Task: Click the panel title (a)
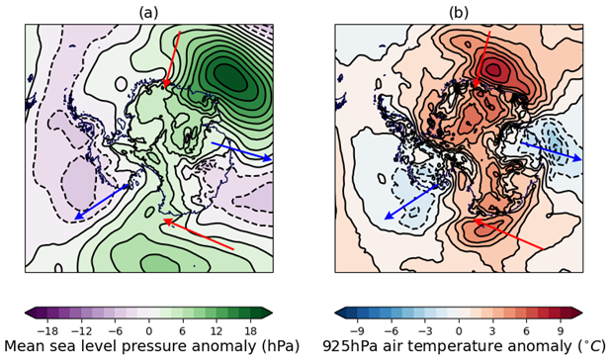click(x=148, y=12)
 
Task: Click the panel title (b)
click(x=458, y=12)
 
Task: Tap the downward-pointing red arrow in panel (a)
click(x=173, y=59)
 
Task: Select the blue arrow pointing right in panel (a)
click(x=240, y=150)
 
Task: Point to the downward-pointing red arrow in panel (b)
click(x=482, y=59)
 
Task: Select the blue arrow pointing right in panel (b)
click(x=551, y=150)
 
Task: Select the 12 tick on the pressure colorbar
click(x=217, y=330)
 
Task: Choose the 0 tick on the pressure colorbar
click(x=148, y=330)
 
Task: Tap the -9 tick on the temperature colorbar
click(x=356, y=330)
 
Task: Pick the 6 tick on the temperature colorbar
click(x=527, y=330)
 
